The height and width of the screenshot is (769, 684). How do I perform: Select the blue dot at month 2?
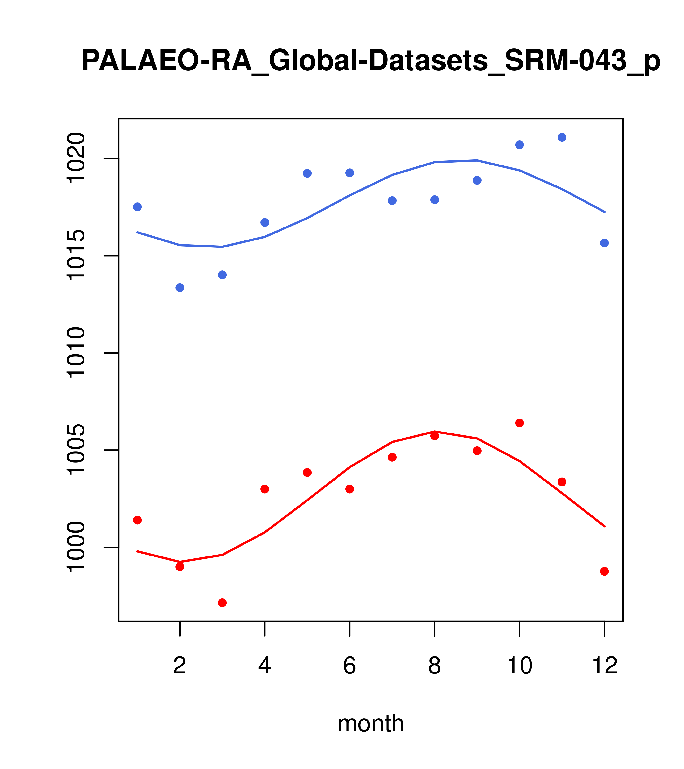tap(180, 288)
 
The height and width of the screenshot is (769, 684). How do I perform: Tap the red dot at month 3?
tap(223, 603)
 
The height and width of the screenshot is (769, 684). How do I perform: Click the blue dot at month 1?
tap(137, 207)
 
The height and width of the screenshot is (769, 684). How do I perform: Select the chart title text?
tap(371, 61)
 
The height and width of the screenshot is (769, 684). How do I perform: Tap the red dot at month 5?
tap(307, 473)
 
